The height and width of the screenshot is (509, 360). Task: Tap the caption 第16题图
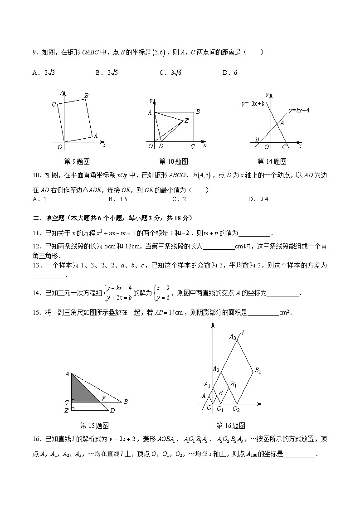[231, 426]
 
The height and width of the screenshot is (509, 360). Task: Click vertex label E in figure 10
[186, 121]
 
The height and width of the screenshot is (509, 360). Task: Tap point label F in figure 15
[104, 399]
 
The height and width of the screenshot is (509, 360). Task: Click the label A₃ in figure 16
[233, 337]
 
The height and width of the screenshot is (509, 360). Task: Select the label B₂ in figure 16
[258, 371]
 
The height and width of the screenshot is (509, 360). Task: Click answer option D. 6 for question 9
[230, 73]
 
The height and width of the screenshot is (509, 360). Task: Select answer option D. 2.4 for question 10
[258, 199]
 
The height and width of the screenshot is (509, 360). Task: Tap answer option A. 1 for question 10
[40, 199]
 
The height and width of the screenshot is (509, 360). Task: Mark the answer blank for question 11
[254, 234]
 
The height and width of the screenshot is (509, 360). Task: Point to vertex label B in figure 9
[86, 95]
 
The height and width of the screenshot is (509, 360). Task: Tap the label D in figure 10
[161, 146]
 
